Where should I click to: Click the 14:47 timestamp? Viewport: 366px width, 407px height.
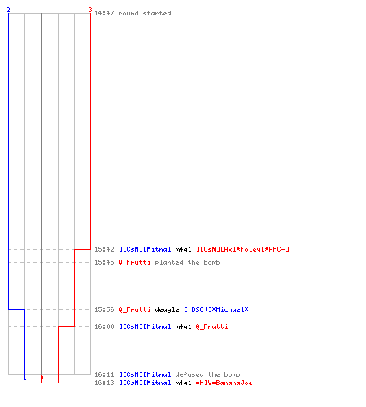104,13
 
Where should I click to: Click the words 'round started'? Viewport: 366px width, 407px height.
145,13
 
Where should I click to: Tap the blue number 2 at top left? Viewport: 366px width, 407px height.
8,10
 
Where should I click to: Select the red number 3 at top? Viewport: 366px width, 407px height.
90,10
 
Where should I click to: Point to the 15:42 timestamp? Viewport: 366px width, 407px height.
104,249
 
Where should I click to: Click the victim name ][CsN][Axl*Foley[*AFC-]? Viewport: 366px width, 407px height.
242,249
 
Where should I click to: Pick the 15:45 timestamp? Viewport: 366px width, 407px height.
104,262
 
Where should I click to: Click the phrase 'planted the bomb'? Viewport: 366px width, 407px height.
187,262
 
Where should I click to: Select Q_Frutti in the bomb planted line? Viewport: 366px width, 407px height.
134,262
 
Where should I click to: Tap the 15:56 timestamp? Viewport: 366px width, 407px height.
104,309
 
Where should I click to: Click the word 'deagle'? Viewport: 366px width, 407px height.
167,310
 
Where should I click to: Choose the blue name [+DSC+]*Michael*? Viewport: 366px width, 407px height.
216,309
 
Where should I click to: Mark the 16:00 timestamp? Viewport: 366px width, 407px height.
104,326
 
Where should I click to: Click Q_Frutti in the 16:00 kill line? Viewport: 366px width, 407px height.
211,326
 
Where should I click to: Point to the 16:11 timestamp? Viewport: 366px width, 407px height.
104,374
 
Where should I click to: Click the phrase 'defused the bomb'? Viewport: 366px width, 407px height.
207,374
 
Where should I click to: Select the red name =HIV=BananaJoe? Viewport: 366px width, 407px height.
224,383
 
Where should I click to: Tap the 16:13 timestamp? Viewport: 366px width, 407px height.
104,383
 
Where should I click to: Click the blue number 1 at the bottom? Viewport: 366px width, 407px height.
24,378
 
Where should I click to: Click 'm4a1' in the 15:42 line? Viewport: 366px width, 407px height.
183,249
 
